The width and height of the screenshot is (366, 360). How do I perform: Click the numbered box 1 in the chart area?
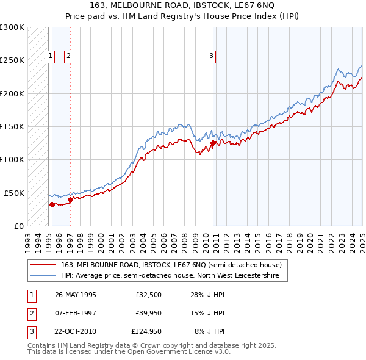[50, 56]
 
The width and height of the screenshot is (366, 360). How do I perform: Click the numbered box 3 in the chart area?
[211, 56]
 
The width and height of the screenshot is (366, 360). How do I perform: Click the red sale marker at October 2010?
[213, 143]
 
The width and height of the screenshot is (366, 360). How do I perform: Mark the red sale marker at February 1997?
[70, 199]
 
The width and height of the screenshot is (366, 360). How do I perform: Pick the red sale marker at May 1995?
[52, 204]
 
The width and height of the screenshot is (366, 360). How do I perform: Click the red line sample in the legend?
[43, 265]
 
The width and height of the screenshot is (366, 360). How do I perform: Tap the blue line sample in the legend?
[43, 276]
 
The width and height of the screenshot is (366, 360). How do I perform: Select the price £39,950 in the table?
[147, 313]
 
